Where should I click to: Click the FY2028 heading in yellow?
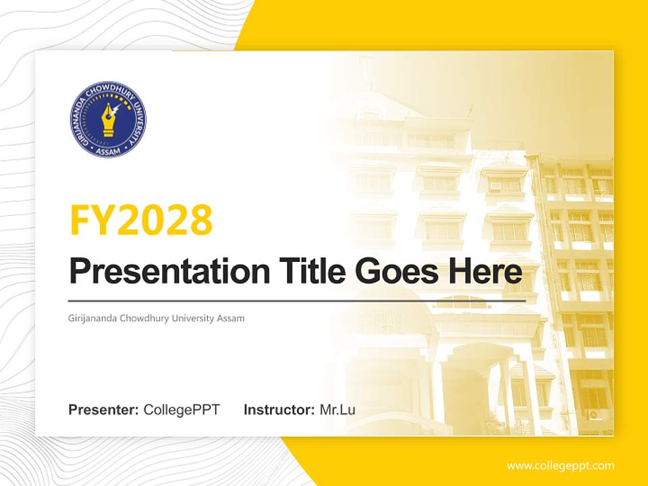tap(141, 220)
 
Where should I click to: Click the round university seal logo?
tap(109, 119)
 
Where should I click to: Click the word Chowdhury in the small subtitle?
tap(141, 318)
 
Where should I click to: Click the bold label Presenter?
tap(104, 410)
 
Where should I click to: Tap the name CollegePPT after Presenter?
tap(182, 410)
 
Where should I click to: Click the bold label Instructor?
tap(279, 410)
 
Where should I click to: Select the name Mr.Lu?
tap(337, 410)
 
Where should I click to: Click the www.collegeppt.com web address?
tap(560, 466)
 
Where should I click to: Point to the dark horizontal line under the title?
tap(297, 300)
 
